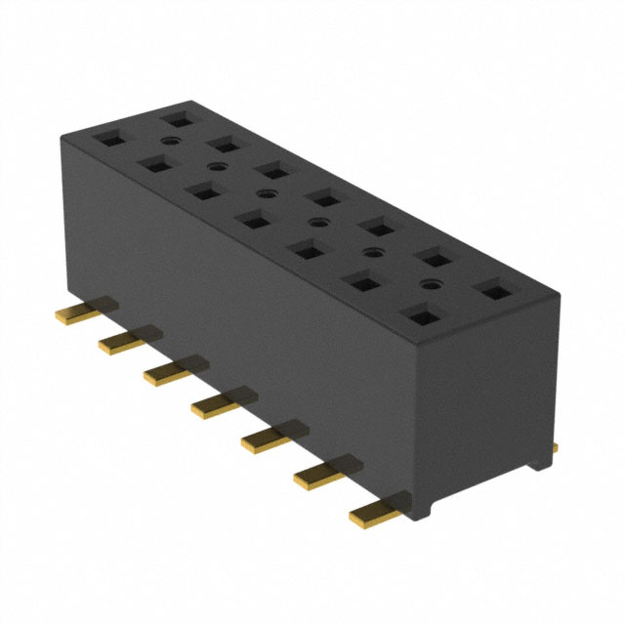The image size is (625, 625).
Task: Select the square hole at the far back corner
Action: click(177, 117)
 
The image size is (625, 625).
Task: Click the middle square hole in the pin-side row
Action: click(253, 220)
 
